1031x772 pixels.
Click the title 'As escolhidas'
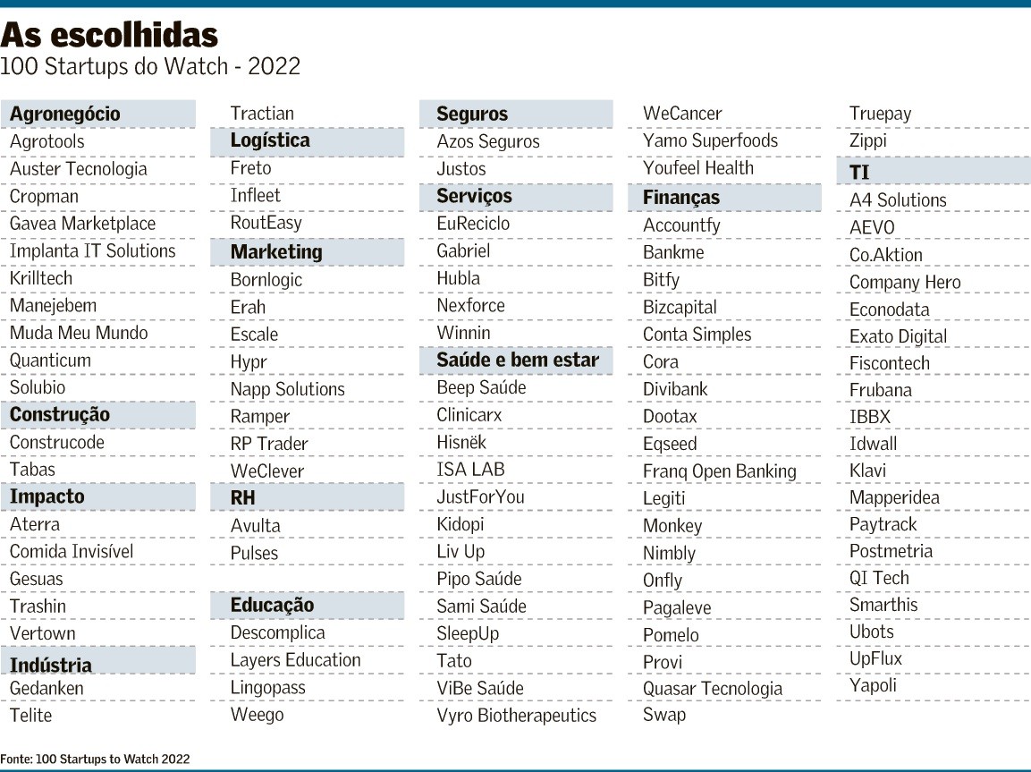(x=109, y=35)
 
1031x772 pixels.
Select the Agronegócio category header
(x=64, y=114)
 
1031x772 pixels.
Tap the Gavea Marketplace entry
(x=82, y=224)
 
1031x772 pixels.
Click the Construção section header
(x=60, y=415)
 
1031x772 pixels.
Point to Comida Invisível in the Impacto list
(x=72, y=551)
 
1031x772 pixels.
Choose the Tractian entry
(x=262, y=113)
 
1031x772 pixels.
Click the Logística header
(x=270, y=140)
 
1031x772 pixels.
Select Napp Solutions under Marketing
(x=287, y=389)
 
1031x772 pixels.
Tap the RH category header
(x=242, y=497)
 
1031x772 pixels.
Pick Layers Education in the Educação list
(x=295, y=660)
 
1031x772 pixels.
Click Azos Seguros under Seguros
(x=488, y=141)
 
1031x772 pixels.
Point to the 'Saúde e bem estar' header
(x=518, y=361)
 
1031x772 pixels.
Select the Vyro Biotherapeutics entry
(x=516, y=716)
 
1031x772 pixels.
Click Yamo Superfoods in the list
(x=710, y=140)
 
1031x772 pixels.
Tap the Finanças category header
(x=681, y=198)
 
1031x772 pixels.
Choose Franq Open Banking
(x=719, y=471)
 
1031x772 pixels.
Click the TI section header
(x=859, y=173)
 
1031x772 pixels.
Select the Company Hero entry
(x=905, y=283)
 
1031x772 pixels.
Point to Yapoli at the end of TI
(x=873, y=686)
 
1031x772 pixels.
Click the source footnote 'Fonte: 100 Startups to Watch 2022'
(x=96, y=759)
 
